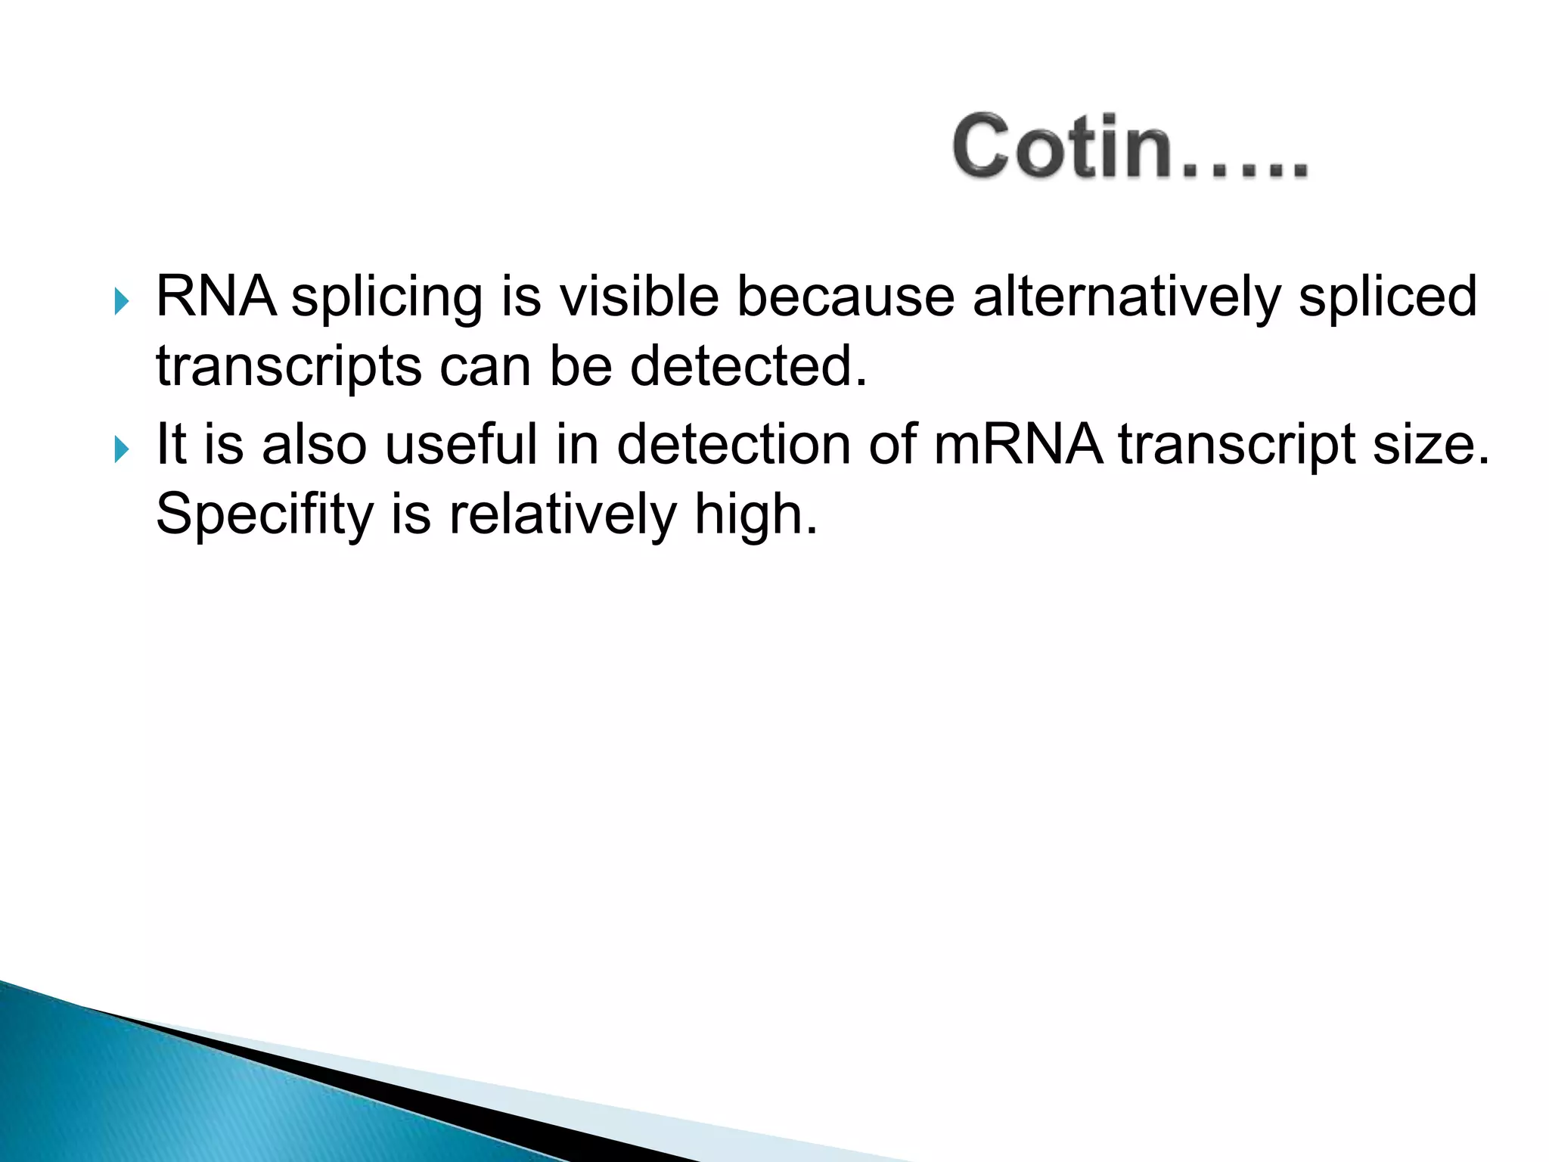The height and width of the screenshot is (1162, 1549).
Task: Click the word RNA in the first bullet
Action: pos(216,296)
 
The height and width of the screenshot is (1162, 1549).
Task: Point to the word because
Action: pos(846,296)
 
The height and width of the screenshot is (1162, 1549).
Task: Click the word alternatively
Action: pos(1126,296)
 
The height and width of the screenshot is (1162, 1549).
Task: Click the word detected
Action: pos(748,366)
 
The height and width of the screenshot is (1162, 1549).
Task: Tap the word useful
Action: pos(461,444)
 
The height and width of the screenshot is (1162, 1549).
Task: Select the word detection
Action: pos(734,444)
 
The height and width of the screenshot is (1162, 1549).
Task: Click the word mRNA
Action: pos(1018,444)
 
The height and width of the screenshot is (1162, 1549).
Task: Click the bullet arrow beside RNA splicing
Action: pos(121,302)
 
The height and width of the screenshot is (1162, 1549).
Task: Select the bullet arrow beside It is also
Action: pos(121,449)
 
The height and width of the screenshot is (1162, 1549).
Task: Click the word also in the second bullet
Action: pos(315,444)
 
